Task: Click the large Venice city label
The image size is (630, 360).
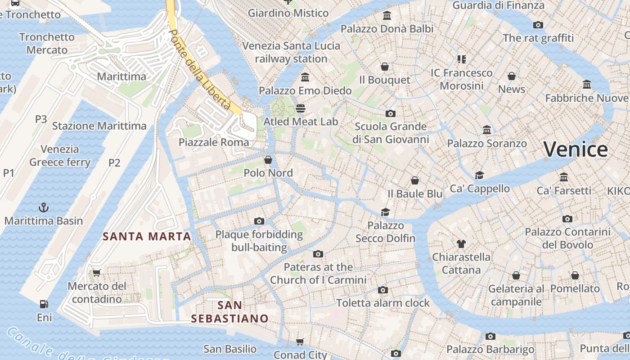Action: [x=576, y=149]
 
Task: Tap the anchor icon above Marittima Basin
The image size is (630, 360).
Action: [x=44, y=207]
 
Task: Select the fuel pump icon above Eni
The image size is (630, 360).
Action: [x=44, y=304]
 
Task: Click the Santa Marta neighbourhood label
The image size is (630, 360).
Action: [x=147, y=236]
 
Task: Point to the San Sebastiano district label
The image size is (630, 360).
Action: [x=229, y=312]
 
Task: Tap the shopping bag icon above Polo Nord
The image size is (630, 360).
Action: [x=268, y=160]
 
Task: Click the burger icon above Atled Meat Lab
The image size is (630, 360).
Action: [x=300, y=108]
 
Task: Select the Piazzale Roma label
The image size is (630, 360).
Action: [x=213, y=143]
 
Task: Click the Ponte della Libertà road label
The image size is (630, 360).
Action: [x=200, y=70]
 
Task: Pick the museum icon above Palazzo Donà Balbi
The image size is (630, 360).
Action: [x=387, y=16]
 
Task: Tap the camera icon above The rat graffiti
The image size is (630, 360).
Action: [x=538, y=25]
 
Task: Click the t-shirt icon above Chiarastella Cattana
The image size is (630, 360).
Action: [x=461, y=244]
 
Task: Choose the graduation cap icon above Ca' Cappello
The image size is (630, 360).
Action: [x=479, y=175]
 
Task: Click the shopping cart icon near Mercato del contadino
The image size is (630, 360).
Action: [x=96, y=273]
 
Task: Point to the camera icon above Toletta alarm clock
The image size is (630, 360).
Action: [x=382, y=290]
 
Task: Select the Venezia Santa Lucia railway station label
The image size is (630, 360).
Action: [x=291, y=52]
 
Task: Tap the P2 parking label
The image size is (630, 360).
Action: [x=114, y=163]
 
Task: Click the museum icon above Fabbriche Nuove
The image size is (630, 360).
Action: [x=586, y=85]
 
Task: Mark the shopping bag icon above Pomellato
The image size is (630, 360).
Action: [x=575, y=275]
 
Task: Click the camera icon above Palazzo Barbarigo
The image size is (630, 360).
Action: [x=490, y=336]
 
